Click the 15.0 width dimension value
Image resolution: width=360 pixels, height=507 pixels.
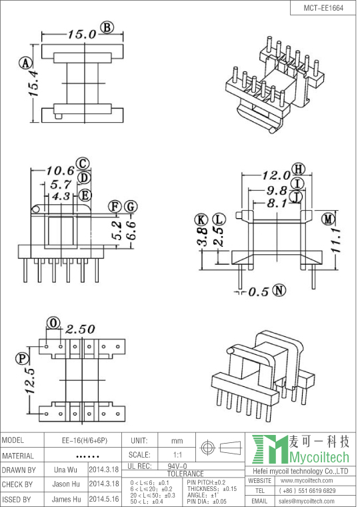pos(82,34)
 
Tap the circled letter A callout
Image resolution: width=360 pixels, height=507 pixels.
pos(25,63)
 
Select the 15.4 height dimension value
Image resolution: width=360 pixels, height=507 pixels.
pos(33,84)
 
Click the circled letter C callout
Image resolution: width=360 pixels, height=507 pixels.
pos(83,163)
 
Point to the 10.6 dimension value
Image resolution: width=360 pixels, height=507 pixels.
pos(61,170)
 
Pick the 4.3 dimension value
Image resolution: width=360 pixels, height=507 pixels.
pos(61,196)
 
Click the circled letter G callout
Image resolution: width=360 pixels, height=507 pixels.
pos(131,207)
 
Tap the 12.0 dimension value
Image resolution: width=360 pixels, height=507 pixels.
pos(276,175)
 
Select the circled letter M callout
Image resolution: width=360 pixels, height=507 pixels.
pos(328,219)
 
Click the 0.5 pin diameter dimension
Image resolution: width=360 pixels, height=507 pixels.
pos(259,292)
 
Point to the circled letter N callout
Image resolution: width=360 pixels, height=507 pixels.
pos(279,290)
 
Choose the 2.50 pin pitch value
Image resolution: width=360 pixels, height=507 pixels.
pos(80,329)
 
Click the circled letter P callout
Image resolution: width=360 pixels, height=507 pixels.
pos(22,358)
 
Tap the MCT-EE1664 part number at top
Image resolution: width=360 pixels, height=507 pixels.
pos(323,8)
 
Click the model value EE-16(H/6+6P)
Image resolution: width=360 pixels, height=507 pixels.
pos(85,440)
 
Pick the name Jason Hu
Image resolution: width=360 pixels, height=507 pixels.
pos(66,484)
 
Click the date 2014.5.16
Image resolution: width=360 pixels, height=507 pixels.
pos(104,498)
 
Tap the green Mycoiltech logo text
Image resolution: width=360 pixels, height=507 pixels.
pos(319,457)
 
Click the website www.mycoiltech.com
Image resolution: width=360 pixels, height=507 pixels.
pos(307,480)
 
